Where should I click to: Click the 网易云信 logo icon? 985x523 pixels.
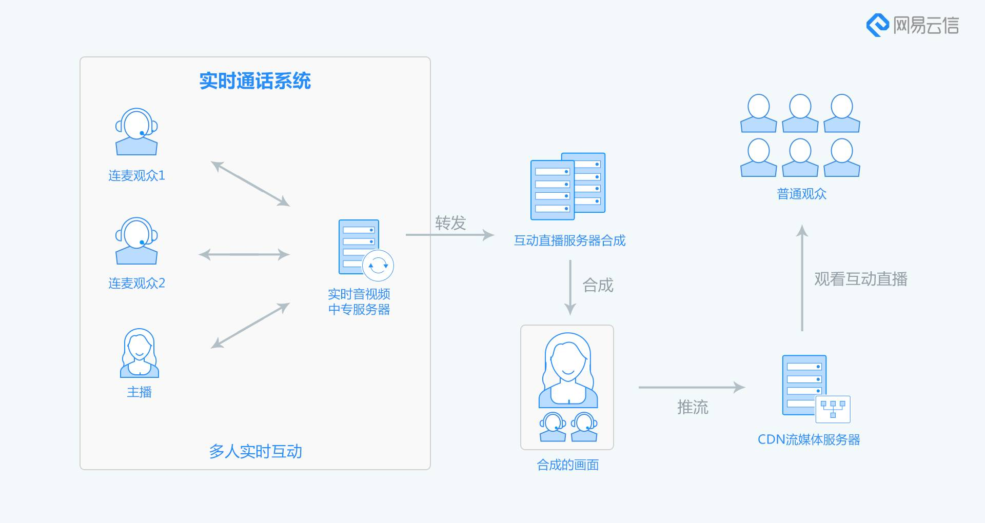(x=877, y=25)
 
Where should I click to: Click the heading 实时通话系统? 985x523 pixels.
(x=255, y=81)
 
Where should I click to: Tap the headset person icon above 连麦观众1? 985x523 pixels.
(x=136, y=132)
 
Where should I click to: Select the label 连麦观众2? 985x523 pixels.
(x=136, y=283)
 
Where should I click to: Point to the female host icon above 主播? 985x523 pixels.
(x=139, y=353)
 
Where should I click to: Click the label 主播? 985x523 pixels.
(x=139, y=392)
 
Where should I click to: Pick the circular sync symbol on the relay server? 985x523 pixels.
(x=378, y=266)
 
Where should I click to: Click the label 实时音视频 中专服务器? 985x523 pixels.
(x=359, y=301)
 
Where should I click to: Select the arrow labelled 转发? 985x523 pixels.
(x=450, y=235)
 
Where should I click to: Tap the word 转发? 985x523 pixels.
(x=450, y=223)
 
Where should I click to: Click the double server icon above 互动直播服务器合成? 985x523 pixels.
(x=568, y=186)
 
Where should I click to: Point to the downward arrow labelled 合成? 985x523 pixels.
(x=570, y=288)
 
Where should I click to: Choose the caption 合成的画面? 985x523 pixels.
(x=567, y=465)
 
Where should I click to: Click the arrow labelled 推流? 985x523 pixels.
(x=692, y=388)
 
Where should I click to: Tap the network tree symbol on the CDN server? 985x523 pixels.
(x=833, y=409)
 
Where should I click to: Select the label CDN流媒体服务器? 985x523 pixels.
(x=809, y=439)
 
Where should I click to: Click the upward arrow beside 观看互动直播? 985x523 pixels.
(x=802, y=278)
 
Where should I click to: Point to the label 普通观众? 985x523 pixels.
(x=802, y=194)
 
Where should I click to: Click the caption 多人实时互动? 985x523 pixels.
(x=255, y=451)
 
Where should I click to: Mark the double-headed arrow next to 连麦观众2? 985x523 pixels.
(x=244, y=254)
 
